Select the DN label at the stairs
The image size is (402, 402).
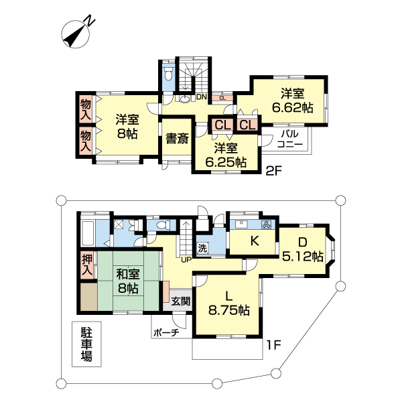[x=202, y=97]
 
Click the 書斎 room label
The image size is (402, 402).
[x=177, y=139]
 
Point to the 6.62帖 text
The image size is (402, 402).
[x=292, y=108]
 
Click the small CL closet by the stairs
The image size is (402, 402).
[x=222, y=98]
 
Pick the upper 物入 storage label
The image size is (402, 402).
[x=86, y=110]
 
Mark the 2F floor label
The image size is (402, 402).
[x=273, y=172]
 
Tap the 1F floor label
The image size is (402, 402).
[x=273, y=345]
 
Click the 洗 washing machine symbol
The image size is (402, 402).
[x=202, y=248]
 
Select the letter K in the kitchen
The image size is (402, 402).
[x=255, y=241]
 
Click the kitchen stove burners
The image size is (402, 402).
[x=265, y=225]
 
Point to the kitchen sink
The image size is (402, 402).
[x=241, y=224]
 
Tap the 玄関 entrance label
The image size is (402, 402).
[x=180, y=301]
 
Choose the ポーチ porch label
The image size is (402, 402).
[x=166, y=333]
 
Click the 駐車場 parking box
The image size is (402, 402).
[x=86, y=344]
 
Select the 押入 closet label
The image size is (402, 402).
[x=86, y=265]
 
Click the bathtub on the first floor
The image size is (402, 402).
[x=88, y=232]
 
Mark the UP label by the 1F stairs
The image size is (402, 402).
[x=186, y=260]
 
